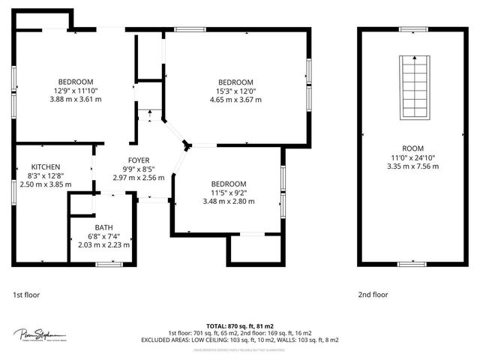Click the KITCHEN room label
tap(46, 166)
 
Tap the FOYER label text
tap(139, 160)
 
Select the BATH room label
tap(103, 227)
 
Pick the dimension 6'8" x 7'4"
tap(103, 236)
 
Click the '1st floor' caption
tap(27, 295)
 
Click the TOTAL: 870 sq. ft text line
tap(239, 325)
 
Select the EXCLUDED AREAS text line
tap(239, 340)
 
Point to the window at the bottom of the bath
tap(109, 263)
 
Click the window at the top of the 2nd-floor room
tap(412, 29)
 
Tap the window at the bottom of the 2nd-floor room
tap(412, 263)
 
